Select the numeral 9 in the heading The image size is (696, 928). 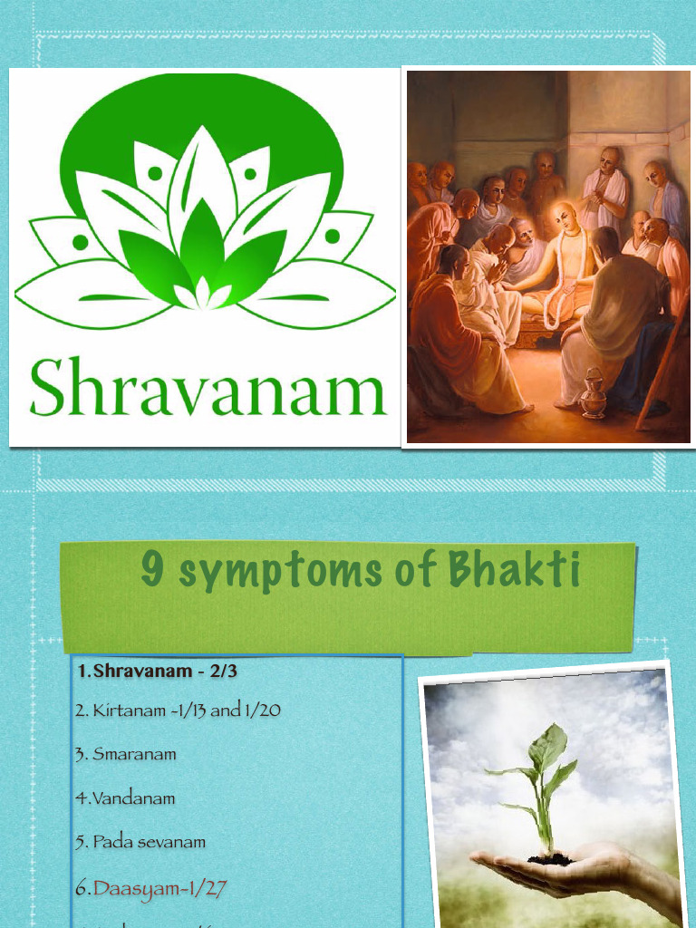pos(152,571)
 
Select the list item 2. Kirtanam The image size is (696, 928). pos(177,710)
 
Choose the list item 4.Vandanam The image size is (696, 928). pos(125,798)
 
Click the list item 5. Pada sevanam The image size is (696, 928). pos(140,842)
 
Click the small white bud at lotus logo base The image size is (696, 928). pos(203,295)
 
